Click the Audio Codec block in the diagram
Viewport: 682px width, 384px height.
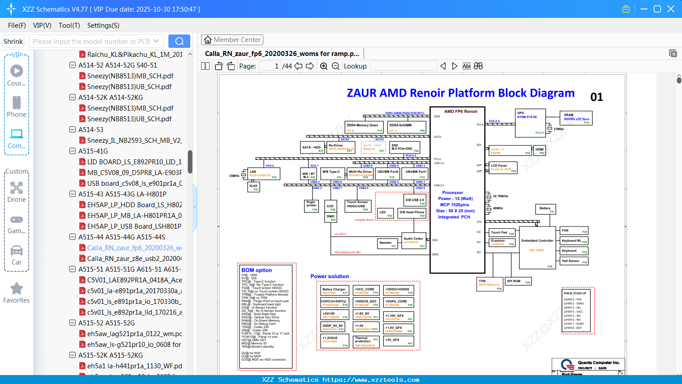[414, 240]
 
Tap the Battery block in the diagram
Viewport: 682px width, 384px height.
[545, 209]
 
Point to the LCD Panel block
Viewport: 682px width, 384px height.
[503, 167]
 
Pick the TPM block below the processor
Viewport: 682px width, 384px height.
[490, 284]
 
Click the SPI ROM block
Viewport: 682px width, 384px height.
[518, 282]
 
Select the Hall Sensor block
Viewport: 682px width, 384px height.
[574, 261]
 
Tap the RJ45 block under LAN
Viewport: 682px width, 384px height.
[254, 187]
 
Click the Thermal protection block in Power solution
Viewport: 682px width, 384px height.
[366, 341]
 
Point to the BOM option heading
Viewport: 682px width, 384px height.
[257, 270]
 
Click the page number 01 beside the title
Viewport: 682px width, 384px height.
[596, 97]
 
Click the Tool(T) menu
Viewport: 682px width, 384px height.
[69, 26]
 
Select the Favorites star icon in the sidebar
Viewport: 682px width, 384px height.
[17, 289]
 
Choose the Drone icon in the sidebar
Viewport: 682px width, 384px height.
[17, 188]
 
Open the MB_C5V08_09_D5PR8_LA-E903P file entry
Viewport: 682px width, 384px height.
[134, 173]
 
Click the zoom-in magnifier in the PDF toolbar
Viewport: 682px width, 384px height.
[324, 66]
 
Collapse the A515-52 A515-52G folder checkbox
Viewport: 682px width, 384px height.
[73, 323]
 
